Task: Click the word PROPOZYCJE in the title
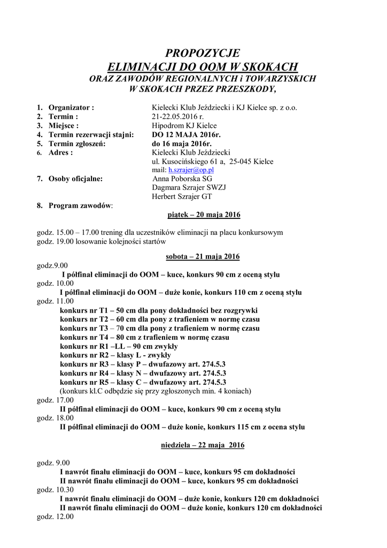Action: pos(203,53)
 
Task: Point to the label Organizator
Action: pos(71,107)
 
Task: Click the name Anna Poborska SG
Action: pos(182,179)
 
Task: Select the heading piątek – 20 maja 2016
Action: pos(200,215)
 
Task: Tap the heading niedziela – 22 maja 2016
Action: pos(203,445)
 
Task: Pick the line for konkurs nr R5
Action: pos(143,382)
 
